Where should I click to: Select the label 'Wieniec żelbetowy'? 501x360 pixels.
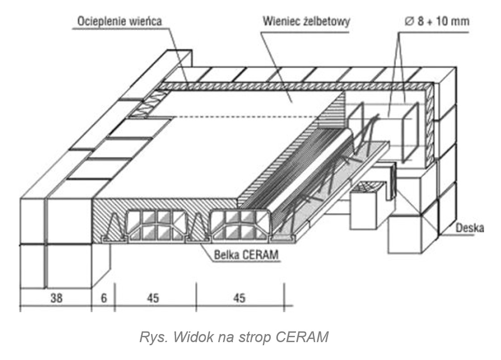coord(306,21)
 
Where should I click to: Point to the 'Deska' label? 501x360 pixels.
coord(469,228)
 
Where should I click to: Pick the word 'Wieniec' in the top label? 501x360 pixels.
coord(282,21)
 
